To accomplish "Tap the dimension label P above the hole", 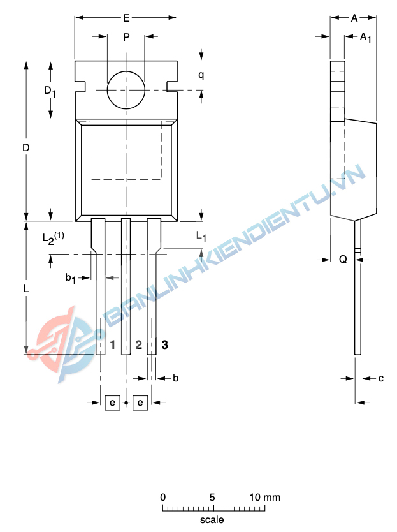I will point(126,38).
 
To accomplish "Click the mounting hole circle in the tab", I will point(126,90).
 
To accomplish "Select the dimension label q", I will point(201,75).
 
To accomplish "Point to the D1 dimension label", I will point(50,91).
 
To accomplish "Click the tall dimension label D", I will point(26,147).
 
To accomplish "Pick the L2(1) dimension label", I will point(53,237).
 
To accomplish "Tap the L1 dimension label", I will point(201,237).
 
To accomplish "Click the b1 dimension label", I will point(71,277).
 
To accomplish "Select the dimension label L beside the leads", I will point(26,289).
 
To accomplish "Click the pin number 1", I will point(113,345).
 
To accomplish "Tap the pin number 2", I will point(138,345).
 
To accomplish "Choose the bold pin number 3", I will point(164,345).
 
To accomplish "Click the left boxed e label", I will point(112,403).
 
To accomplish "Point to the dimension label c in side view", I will point(380,378).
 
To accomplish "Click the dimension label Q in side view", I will point(343,259).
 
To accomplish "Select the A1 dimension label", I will point(365,38).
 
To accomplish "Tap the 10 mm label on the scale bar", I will point(264,497).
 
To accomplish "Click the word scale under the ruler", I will point(212,520).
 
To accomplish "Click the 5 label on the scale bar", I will point(212,497).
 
